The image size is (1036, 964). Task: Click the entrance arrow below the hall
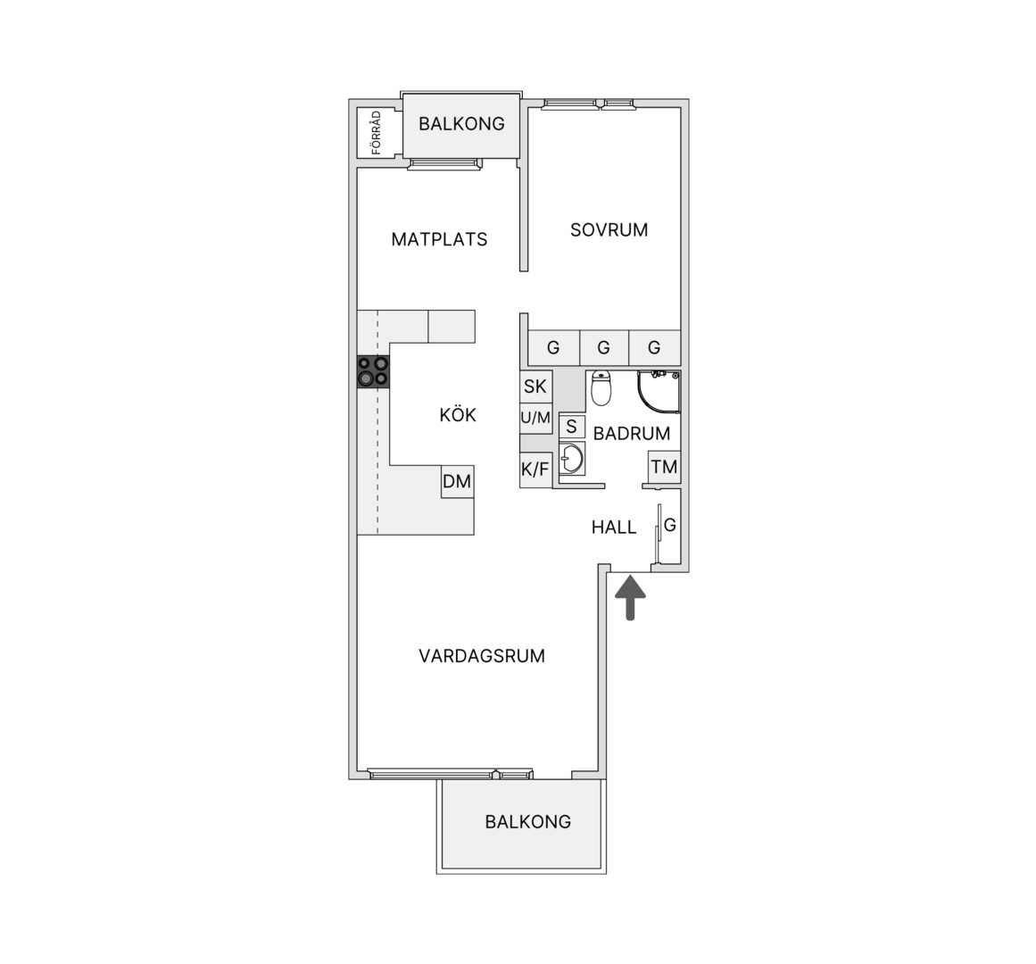(x=630, y=597)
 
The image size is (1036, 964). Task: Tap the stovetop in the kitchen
(x=373, y=371)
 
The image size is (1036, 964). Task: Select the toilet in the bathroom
(x=601, y=388)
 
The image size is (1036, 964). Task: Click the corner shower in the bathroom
(x=658, y=392)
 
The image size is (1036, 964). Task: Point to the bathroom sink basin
(x=571, y=458)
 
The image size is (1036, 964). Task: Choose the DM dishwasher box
(x=457, y=482)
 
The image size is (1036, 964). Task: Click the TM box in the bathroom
(x=664, y=467)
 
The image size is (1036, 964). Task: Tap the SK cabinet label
(x=535, y=386)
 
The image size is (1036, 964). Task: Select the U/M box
(x=535, y=418)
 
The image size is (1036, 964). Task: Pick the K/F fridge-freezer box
(x=535, y=470)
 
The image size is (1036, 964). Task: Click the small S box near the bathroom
(x=571, y=426)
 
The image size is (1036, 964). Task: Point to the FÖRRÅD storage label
(x=377, y=133)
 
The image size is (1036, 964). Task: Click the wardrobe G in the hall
(x=670, y=525)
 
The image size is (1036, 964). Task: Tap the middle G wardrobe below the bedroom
(x=604, y=347)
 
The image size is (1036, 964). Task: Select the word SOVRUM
(x=609, y=230)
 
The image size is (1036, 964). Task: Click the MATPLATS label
(x=439, y=239)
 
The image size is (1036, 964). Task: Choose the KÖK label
(x=458, y=414)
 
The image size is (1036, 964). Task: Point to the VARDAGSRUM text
(x=482, y=656)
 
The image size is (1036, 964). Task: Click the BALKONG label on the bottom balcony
(x=528, y=822)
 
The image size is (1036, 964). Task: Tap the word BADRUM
(x=632, y=434)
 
